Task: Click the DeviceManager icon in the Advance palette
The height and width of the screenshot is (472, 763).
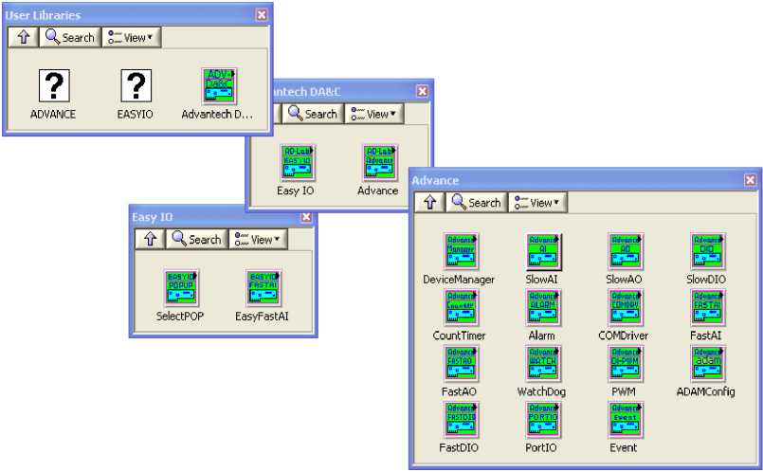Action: click(462, 252)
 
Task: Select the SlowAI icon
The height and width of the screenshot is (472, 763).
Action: click(543, 252)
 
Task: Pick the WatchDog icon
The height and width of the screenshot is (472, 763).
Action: click(543, 364)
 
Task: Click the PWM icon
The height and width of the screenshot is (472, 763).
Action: click(625, 364)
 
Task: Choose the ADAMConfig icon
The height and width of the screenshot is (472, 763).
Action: click(707, 364)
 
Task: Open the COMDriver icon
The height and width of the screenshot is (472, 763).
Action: click(625, 308)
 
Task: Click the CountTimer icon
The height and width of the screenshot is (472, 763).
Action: click(462, 308)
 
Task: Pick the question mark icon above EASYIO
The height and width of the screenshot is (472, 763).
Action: click(136, 86)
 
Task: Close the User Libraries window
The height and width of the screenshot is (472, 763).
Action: click(262, 14)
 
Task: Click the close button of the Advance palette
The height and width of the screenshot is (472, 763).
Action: click(751, 180)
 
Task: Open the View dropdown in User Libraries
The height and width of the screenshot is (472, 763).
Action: click(131, 38)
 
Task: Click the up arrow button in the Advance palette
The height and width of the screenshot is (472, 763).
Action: click(429, 202)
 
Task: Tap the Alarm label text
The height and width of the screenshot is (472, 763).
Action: click(542, 336)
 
